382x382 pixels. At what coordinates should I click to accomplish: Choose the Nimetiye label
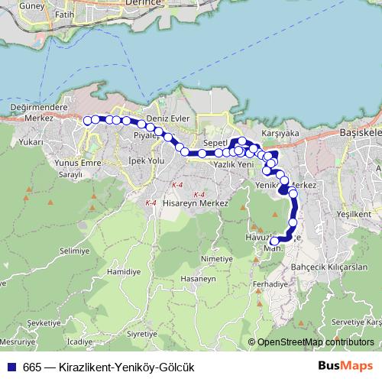coord(215,259)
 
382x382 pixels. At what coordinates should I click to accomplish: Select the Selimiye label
coord(74,251)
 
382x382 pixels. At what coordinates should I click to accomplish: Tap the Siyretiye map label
coord(141,334)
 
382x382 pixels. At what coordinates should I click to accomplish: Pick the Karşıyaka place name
coord(279,132)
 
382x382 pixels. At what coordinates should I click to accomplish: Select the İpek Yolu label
coord(145,162)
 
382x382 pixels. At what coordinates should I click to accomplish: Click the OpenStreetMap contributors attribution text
coord(313,342)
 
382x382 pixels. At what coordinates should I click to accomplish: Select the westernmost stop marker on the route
coord(87,119)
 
